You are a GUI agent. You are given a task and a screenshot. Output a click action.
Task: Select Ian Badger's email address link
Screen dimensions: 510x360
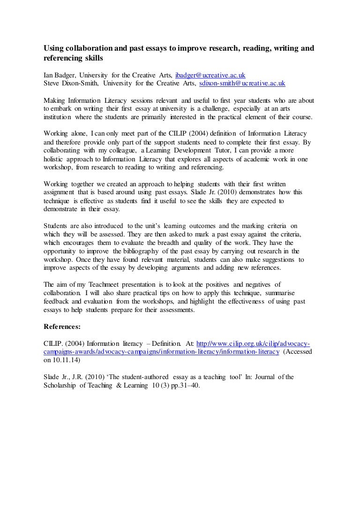[x=210, y=76]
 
